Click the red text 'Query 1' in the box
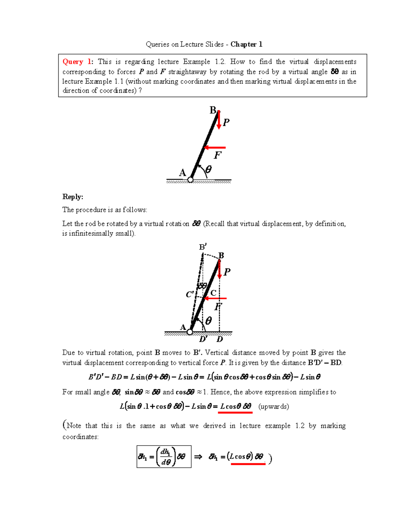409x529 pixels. tap(77, 62)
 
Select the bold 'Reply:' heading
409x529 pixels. tap(73, 197)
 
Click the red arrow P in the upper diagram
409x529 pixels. tap(219, 120)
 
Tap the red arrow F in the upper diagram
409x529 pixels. tap(215, 148)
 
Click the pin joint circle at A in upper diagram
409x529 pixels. tap(191, 180)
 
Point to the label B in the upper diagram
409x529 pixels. tap(213, 110)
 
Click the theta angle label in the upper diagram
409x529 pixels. tap(208, 169)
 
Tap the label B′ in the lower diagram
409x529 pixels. tap(203, 247)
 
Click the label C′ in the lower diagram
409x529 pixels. tap(190, 294)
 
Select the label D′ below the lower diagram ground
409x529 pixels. tap(203, 339)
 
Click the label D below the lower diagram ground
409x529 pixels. tap(220, 339)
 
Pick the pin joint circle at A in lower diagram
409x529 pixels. tap(190, 332)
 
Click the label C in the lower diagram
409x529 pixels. tap(213, 293)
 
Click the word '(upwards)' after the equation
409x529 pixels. tap(274, 406)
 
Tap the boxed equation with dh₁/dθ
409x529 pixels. tap(164, 456)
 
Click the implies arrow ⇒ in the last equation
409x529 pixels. tap(198, 457)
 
